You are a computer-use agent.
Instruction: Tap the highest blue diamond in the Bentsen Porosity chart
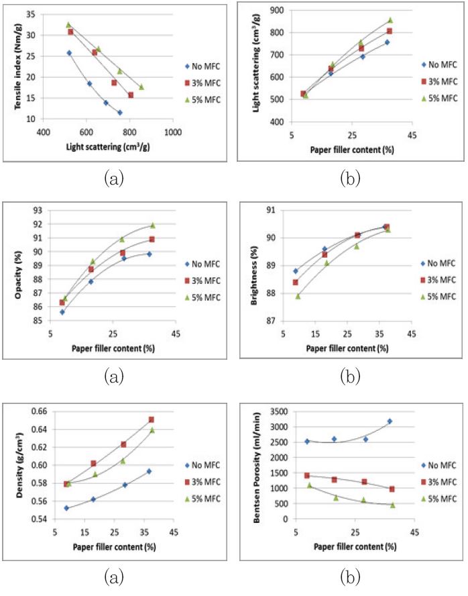[x=390, y=421]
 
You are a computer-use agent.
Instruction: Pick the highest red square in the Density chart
[x=152, y=419]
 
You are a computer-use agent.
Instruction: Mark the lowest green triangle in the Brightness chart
[x=298, y=296]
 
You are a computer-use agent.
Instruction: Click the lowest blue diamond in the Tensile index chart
[x=119, y=113]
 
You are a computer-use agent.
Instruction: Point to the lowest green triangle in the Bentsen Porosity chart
[x=393, y=505]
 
